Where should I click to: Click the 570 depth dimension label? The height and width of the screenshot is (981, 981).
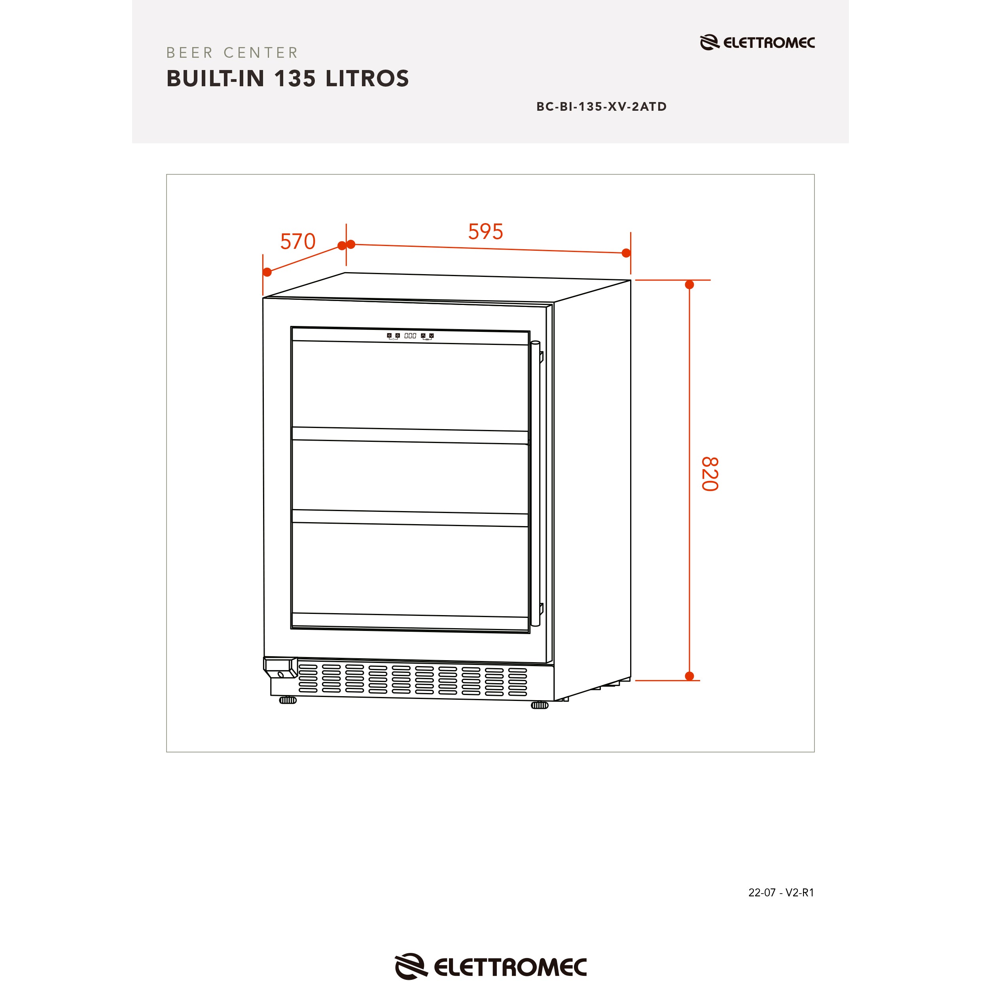pyautogui.click(x=298, y=242)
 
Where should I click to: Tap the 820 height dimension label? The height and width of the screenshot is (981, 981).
pyautogui.click(x=710, y=474)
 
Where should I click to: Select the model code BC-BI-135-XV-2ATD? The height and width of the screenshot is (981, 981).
pyautogui.click(x=601, y=107)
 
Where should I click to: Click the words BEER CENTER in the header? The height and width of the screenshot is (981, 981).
pyautogui.click(x=233, y=53)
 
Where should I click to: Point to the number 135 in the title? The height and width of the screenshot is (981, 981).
pyautogui.click(x=295, y=79)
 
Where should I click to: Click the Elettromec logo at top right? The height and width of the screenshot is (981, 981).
pyautogui.click(x=757, y=43)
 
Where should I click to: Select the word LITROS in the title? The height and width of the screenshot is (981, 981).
pyautogui.click(x=367, y=79)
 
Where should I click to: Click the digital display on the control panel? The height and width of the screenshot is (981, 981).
pyautogui.click(x=410, y=335)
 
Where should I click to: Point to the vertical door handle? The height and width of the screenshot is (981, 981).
pyautogui.click(x=535, y=484)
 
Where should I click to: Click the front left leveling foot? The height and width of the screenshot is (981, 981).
pyautogui.click(x=288, y=700)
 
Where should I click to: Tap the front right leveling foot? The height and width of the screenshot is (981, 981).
pyautogui.click(x=540, y=705)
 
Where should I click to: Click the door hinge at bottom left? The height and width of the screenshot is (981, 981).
pyautogui.click(x=280, y=668)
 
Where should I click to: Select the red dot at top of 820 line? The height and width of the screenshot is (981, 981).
pyautogui.click(x=689, y=285)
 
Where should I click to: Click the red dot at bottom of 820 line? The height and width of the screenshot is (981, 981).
pyautogui.click(x=689, y=676)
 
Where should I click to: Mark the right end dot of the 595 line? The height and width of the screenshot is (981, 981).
pyautogui.click(x=626, y=253)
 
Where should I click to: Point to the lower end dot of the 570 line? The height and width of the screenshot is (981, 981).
pyautogui.click(x=267, y=272)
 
